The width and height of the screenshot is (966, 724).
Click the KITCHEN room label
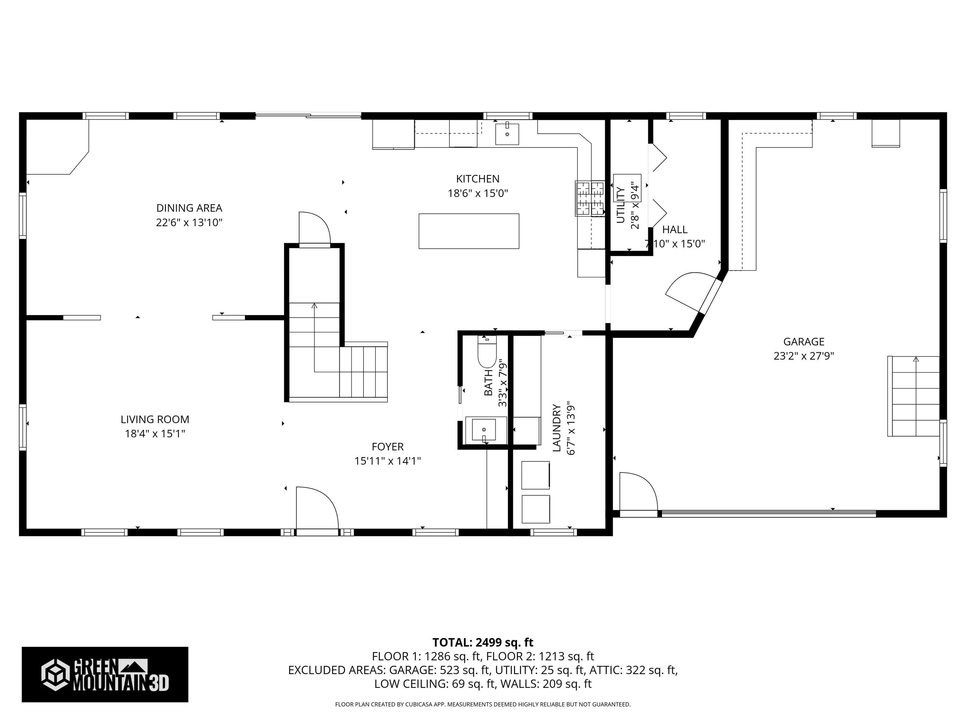pyautogui.click(x=478, y=179)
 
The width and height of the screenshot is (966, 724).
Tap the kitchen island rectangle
pyautogui.click(x=469, y=231)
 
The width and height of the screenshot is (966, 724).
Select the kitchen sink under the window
pyautogui.click(x=507, y=134)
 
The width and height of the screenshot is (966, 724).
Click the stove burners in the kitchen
pyautogui.click(x=590, y=199)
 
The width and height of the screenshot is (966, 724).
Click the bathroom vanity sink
pyautogui.click(x=484, y=430)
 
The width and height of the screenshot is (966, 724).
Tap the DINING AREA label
pyautogui.click(x=190, y=208)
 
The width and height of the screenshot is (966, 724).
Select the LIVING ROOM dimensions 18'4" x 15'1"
pyautogui.click(x=155, y=434)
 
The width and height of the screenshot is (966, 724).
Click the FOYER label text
pyautogui.click(x=388, y=447)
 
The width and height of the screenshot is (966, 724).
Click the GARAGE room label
pyautogui.click(x=804, y=342)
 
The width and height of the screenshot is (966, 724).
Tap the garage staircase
pyautogui.click(x=913, y=396)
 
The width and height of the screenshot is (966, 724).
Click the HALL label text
pyautogui.click(x=675, y=230)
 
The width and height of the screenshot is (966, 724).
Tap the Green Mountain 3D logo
pyautogui.click(x=105, y=675)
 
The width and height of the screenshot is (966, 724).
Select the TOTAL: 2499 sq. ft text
pyautogui.click(x=483, y=642)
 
